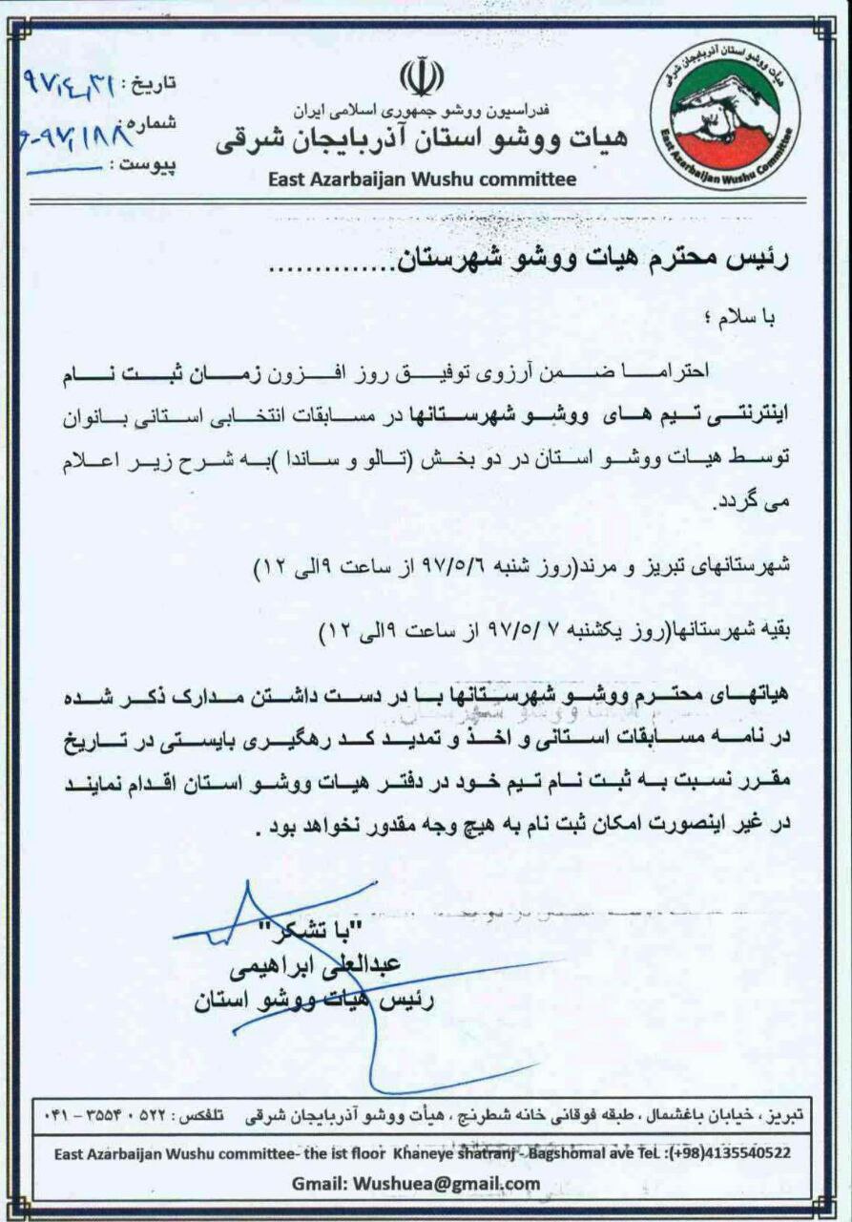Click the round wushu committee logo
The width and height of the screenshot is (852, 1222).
pos(725,115)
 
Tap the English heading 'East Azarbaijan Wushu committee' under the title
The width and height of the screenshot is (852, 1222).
pos(422,179)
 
